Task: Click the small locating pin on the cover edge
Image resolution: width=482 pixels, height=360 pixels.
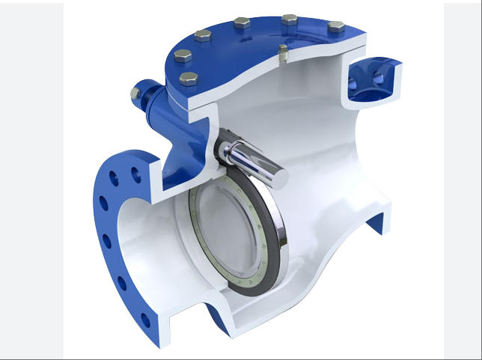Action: click(x=282, y=52)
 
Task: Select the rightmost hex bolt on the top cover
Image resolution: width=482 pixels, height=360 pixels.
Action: click(x=336, y=27)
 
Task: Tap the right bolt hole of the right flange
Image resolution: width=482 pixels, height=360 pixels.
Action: click(x=385, y=79)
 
